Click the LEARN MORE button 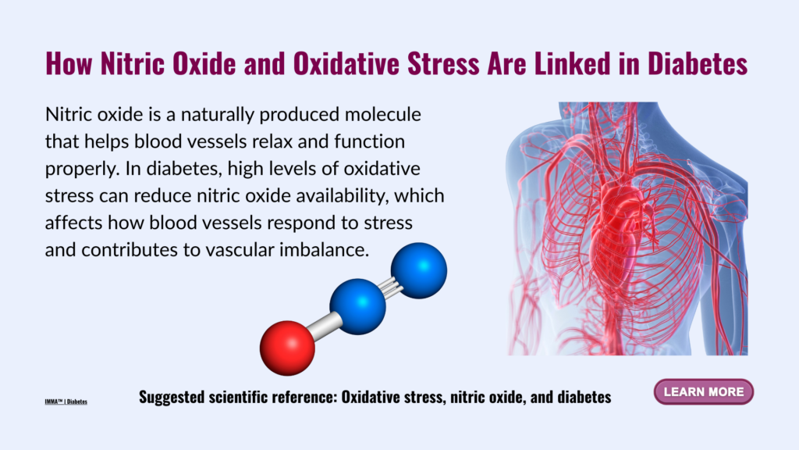[x=704, y=392]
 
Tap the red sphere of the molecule [x=287, y=348]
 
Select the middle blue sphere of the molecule [x=357, y=306]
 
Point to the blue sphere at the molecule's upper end [x=419, y=270]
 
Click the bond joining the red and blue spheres [x=324, y=327]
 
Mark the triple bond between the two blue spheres [x=390, y=287]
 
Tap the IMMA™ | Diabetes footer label [x=66, y=402]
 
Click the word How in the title [x=69, y=63]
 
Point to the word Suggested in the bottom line [x=171, y=397]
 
